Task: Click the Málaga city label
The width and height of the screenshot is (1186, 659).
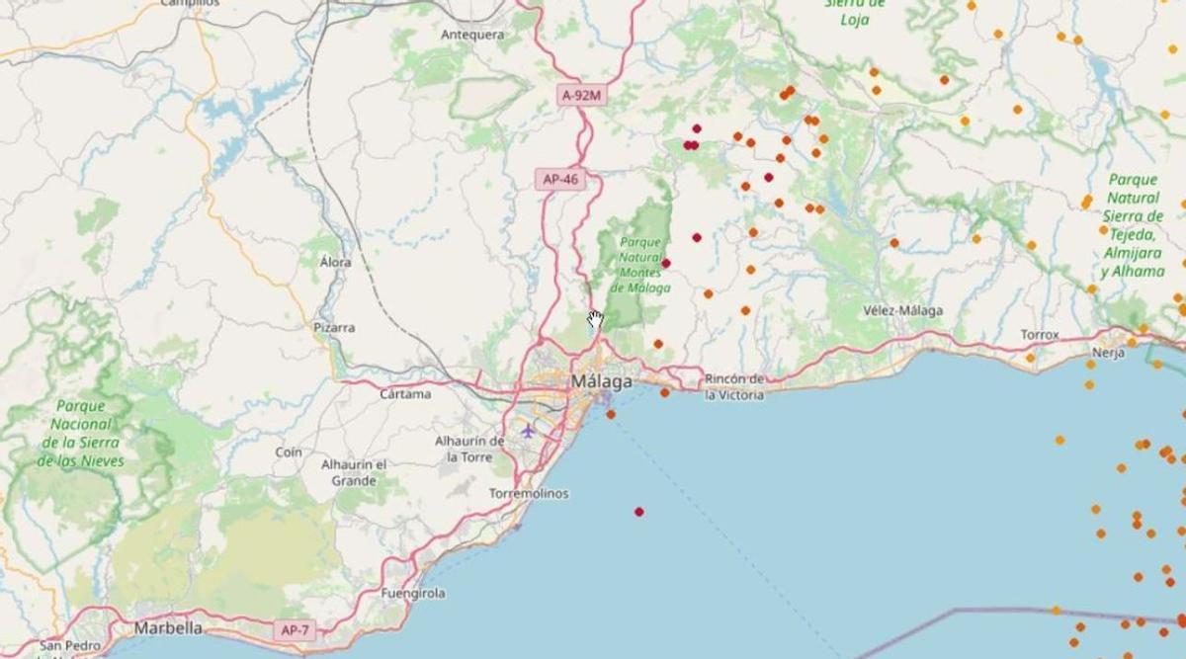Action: click(602, 380)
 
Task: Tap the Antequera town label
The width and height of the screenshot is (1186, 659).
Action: click(472, 35)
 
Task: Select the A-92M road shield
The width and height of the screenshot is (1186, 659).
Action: click(581, 95)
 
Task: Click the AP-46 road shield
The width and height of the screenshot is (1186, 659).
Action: click(560, 179)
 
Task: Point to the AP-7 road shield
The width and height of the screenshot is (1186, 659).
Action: click(295, 628)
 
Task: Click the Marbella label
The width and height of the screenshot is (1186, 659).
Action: click(168, 627)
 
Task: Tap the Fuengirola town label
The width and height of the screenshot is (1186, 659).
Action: click(413, 594)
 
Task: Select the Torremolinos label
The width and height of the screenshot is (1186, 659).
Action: click(529, 493)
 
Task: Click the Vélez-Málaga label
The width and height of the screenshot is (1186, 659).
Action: click(902, 310)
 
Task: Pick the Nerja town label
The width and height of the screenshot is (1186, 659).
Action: click(1108, 353)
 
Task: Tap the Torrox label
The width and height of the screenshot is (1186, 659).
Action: click(1040, 335)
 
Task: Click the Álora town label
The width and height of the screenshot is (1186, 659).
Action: click(335, 263)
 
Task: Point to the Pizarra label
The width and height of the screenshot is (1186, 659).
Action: click(334, 327)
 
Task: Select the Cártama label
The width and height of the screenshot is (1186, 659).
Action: click(405, 393)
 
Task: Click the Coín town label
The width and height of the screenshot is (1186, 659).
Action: click(289, 452)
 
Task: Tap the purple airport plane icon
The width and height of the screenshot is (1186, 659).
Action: click(528, 431)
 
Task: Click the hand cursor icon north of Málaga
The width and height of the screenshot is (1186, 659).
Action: click(595, 318)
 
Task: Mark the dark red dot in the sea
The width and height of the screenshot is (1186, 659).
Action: click(639, 512)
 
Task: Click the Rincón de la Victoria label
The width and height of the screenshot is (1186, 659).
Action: click(734, 386)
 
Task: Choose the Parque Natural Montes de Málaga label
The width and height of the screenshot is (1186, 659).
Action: click(640, 264)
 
